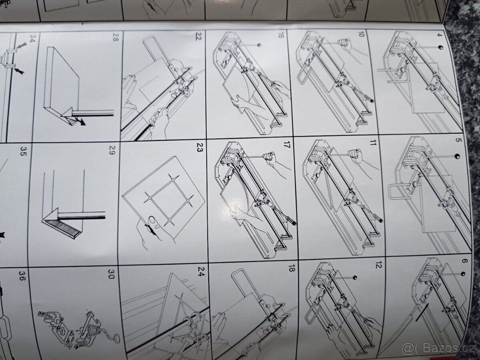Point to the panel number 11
[x=372, y=143]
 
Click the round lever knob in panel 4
[x=440, y=48]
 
